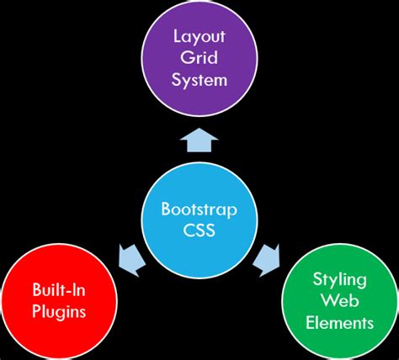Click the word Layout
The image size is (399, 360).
(200, 36)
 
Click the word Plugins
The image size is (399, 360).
(56, 312)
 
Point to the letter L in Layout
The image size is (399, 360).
(177, 36)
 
